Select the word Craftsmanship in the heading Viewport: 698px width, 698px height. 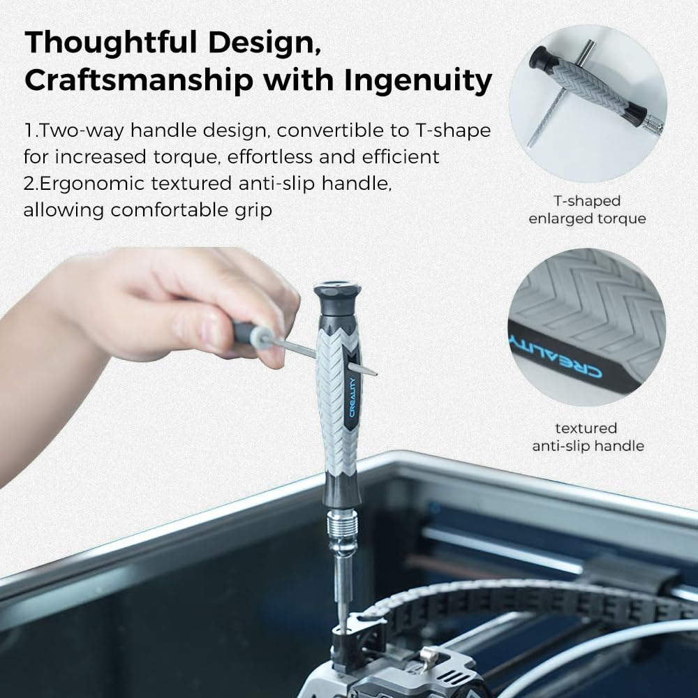click(x=138, y=81)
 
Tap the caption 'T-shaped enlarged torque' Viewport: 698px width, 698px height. click(x=587, y=210)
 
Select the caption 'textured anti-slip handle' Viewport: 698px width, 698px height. click(x=587, y=437)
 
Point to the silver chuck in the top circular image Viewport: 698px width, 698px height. click(x=653, y=125)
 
